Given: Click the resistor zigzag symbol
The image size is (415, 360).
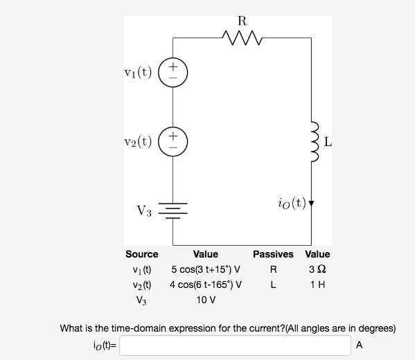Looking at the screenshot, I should tap(242, 35).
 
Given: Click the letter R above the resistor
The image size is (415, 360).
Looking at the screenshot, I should tap(242, 20).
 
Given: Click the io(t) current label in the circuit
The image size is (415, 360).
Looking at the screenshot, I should tap(290, 203).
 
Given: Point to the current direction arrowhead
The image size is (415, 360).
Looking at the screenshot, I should tap(312, 204).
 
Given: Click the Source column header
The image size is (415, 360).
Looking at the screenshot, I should tap(141, 254).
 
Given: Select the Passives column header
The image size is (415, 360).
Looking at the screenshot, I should tap(273, 254).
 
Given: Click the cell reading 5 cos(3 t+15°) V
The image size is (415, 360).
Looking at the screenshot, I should tap(206, 269).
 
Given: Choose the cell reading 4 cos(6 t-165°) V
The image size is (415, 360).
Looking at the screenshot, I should tap(206, 285).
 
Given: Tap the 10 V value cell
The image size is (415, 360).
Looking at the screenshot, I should tap(206, 300).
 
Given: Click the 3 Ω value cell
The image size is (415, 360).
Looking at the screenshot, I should tap(317, 269).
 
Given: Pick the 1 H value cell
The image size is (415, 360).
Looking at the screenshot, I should tap(317, 285).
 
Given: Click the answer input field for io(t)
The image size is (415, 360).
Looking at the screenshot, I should tap(236, 345).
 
